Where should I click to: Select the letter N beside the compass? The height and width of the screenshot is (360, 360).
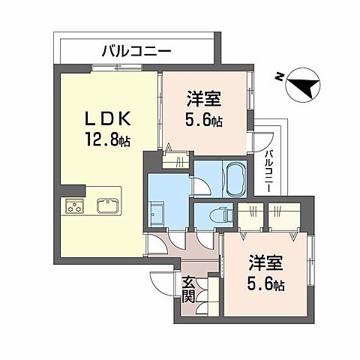tap(278, 76)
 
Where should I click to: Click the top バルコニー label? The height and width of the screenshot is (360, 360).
tap(136, 52)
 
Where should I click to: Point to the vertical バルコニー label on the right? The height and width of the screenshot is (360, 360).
tap(268, 171)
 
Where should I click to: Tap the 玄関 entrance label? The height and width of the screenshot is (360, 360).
tap(188, 290)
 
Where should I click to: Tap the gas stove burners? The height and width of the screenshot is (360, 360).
tap(76, 206)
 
